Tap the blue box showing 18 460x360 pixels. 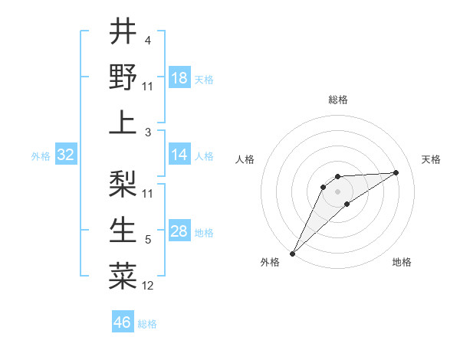[179, 78]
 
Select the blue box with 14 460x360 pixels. [179, 155]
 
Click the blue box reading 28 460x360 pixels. [179, 232]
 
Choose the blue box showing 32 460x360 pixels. [66, 155]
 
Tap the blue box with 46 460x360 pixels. [123, 322]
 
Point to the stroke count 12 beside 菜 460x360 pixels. [148, 286]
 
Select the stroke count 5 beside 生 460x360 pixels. [148, 241]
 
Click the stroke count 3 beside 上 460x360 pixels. [148, 133]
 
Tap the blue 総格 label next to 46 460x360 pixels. [147, 324]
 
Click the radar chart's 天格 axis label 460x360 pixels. [431, 159]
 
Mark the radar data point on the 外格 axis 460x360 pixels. [292, 254]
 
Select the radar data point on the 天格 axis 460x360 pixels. [396, 172]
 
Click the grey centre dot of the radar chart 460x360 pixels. [338, 191]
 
